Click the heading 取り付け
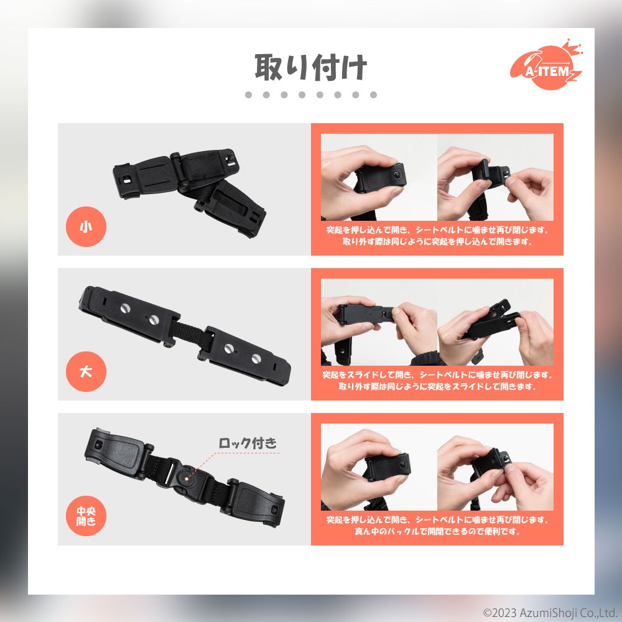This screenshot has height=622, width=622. [x=310, y=67]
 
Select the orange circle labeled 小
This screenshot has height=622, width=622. [x=86, y=226]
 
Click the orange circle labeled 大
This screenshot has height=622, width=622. [x=86, y=372]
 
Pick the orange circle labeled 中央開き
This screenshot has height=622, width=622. [x=86, y=516]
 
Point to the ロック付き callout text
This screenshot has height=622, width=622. [x=248, y=443]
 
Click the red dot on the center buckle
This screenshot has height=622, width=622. [x=187, y=478]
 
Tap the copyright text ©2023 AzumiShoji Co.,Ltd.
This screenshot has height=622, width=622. [x=549, y=613]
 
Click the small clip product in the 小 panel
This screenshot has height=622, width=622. [x=190, y=192]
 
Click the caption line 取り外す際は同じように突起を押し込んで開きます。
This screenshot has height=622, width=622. [x=437, y=241]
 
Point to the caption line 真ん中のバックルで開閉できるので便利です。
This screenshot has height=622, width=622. [x=437, y=531]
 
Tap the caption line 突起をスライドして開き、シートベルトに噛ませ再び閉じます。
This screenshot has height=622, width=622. [x=437, y=375]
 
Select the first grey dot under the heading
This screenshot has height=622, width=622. [x=249, y=95]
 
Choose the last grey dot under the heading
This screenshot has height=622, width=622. [x=373, y=95]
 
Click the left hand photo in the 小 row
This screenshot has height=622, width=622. [x=379, y=177]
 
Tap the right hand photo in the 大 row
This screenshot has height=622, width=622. [x=496, y=322]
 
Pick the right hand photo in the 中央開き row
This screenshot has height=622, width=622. [x=496, y=467]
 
